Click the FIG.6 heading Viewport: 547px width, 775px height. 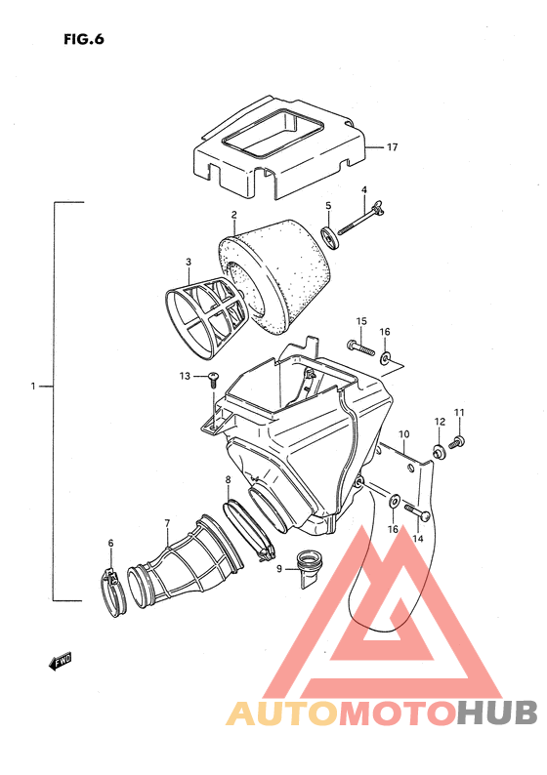(84, 39)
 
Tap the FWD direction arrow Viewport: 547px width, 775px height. (60, 662)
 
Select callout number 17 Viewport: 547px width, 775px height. (393, 147)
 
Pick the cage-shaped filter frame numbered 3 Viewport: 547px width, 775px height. (205, 316)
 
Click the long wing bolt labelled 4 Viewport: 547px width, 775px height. (361, 221)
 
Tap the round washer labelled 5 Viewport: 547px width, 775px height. (330, 238)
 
